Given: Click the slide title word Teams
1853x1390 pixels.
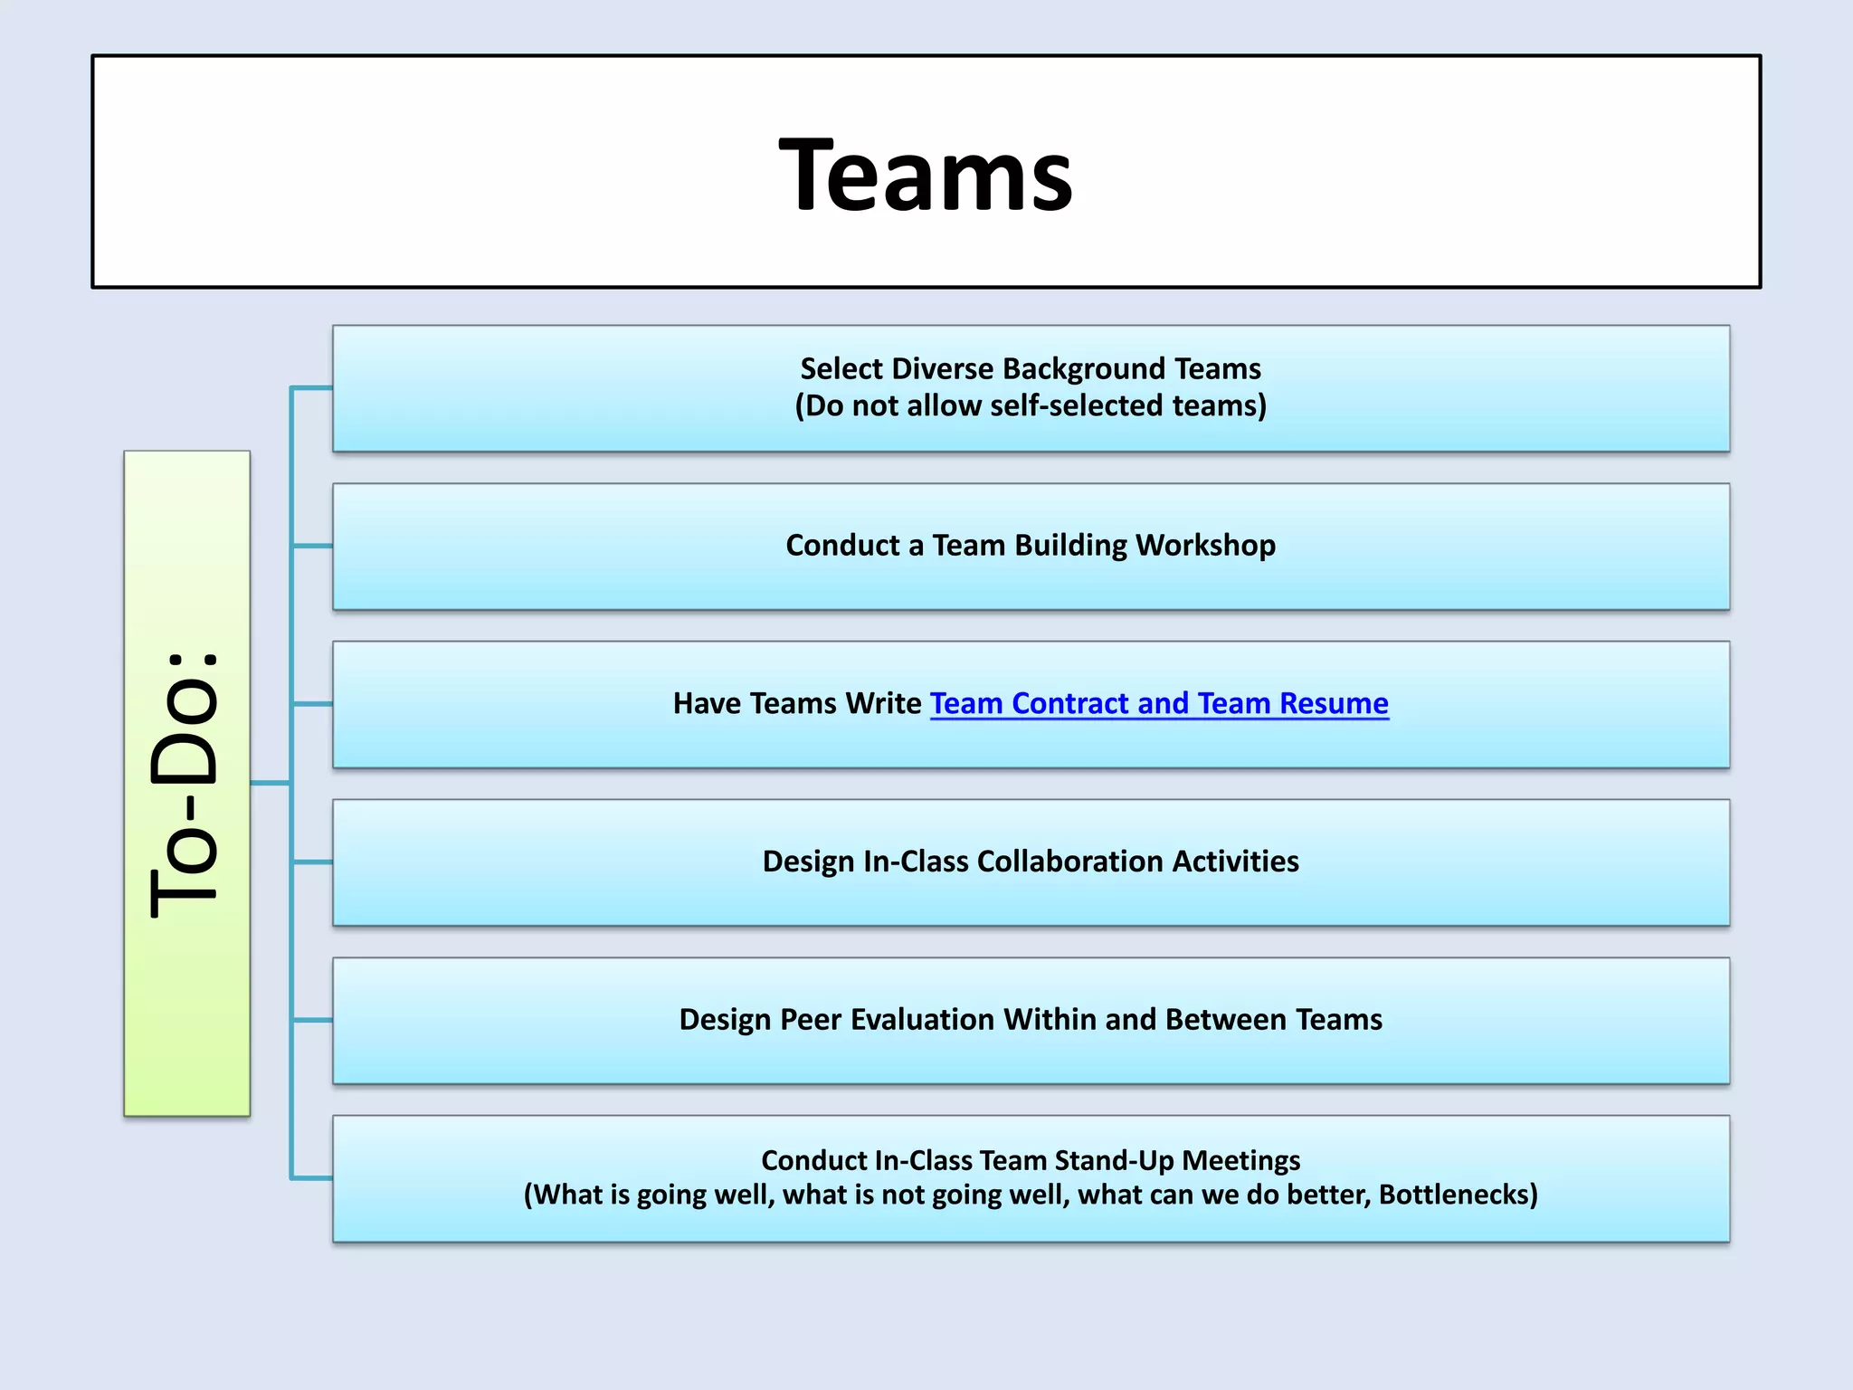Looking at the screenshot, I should point(926,175).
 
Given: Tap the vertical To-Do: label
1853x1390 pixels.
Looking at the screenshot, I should point(185,784).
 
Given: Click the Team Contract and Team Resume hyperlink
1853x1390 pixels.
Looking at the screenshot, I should point(1159,703).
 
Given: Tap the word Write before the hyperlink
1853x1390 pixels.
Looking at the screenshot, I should point(882,703).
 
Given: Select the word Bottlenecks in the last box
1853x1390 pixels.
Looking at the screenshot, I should point(1457,1195).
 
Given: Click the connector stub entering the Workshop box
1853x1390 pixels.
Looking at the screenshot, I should point(312,546).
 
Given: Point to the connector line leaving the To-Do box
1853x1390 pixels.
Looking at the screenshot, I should point(270,783).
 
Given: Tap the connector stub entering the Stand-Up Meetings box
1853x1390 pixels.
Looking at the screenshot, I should point(312,1178).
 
